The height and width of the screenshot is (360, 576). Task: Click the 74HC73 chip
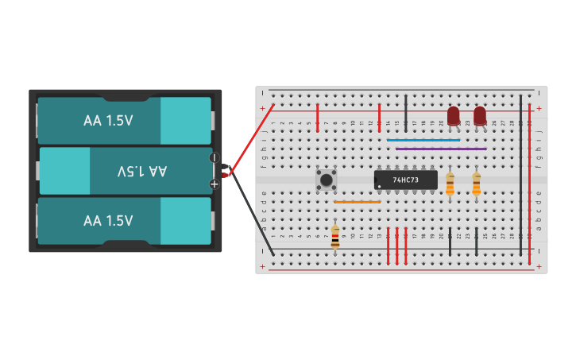click(406, 180)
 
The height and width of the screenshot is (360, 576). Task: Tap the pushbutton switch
click(326, 179)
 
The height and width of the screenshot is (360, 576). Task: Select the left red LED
click(453, 116)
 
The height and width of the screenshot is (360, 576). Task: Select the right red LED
click(480, 116)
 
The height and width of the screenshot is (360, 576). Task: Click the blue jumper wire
click(423, 140)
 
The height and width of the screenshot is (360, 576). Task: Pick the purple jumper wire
click(441, 149)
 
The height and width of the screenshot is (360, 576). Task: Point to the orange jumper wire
click(357, 202)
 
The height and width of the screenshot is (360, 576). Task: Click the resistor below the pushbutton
click(335, 237)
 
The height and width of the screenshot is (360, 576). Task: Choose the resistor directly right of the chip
click(450, 184)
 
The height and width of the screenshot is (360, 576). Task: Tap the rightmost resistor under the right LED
click(477, 184)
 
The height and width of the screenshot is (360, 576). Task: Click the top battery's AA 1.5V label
click(108, 121)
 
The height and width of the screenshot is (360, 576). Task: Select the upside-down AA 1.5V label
click(141, 171)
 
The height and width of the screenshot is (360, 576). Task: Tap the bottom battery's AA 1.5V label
click(108, 221)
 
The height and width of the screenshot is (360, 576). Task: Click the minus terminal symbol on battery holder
click(214, 157)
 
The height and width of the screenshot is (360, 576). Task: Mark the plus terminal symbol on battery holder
click(214, 184)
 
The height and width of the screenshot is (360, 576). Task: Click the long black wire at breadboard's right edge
click(521, 175)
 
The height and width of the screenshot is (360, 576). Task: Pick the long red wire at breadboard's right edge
click(530, 175)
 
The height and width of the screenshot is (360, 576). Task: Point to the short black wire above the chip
click(406, 113)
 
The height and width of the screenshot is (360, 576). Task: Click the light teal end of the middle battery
click(64, 171)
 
